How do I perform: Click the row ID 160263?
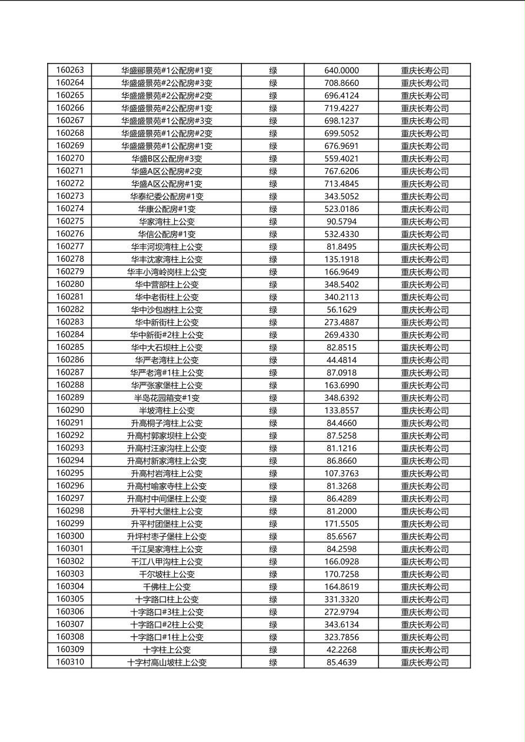click(70, 70)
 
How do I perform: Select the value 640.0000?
click(341, 71)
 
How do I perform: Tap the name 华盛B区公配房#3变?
click(167, 159)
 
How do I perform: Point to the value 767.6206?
click(341, 171)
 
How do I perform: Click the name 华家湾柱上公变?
click(167, 222)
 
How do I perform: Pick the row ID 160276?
click(70, 234)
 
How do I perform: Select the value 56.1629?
click(341, 310)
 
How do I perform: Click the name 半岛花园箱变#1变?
click(167, 398)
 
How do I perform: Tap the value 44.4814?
click(341, 360)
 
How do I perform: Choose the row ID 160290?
click(70, 410)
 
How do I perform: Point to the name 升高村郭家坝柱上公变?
click(167, 436)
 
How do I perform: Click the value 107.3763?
click(341, 473)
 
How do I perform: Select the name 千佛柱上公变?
click(167, 587)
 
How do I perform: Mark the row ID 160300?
click(70, 536)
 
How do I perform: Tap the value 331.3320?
click(341, 599)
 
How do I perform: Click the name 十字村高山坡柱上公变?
click(167, 662)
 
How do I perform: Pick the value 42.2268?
click(341, 650)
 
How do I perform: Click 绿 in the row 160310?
click(273, 662)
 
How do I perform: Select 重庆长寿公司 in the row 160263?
click(424, 71)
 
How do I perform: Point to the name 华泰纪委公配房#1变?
click(167, 196)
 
